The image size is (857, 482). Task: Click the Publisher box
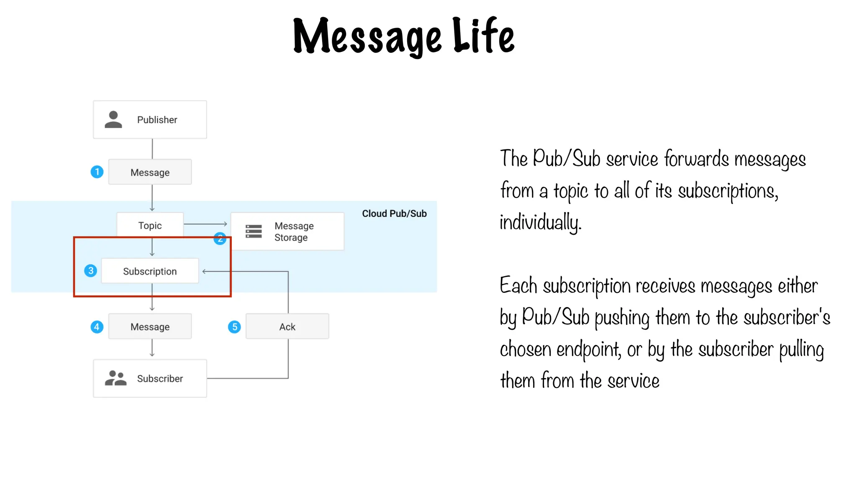[150, 120]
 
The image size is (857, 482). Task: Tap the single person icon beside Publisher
[113, 120]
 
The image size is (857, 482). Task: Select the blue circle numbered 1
[97, 172]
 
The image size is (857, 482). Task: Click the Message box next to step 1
[150, 172]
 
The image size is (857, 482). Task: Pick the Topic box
[150, 225]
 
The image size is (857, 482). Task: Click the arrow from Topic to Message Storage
[205, 224]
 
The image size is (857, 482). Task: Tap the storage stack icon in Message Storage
[254, 231]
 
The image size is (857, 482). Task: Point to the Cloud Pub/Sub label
[394, 213]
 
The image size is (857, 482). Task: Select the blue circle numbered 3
[91, 271]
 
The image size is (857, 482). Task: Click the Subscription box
[150, 271]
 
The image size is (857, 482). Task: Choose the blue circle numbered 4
[97, 326]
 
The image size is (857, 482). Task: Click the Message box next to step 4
[150, 326]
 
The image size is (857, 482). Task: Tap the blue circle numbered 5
[234, 326]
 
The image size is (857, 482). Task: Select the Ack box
[287, 326]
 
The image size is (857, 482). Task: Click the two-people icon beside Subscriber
[115, 378]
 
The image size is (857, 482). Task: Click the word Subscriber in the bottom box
[160, 378]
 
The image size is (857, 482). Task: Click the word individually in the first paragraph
[540, 222]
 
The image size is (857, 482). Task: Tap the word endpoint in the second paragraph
[588, 349]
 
